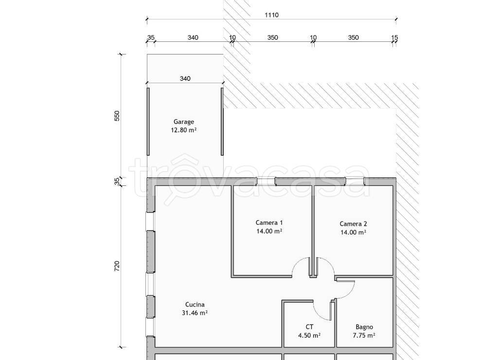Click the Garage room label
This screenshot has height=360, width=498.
pyautogui.click(x=183, y=122)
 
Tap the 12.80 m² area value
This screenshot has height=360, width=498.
pyautogui.click(x=183, y=130)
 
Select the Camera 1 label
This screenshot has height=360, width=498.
pyautogui.click(x=269, y=223)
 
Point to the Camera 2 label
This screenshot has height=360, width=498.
pyautogui.click(x=353, y=224)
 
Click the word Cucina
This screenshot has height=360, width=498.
pyautogui.click(x=195, y=305)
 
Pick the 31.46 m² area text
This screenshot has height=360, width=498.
pyautogui.click(x=195, y=313)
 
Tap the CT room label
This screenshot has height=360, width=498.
pyautogui.click(x=309, y=326)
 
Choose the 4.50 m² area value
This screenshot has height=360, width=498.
pyautogui.click(x=309, y=335)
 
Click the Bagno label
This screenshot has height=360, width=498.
pyautogui.click(x=364, y=327)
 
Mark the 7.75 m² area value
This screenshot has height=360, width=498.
pyautogui.click(x=364, y=335)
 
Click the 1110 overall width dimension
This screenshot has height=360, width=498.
pyautogui.click(x=271, y=15)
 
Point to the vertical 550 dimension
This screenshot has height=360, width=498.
pyautogui.click(x=117, y=116)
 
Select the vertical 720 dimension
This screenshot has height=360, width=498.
pyautogui.click(x=117, y=266)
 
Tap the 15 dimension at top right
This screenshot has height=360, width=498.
pyautogui.click(x=394, y=37)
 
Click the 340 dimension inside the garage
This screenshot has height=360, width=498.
pyautogui.click(x=185, y=78)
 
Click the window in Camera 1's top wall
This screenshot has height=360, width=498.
pyautogui.click(x=266, y=181)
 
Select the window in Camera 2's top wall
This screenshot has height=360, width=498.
pyautogui.click(x=355, y=181)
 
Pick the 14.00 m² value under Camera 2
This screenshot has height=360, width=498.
pyautogui.click(x=353, y=232)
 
